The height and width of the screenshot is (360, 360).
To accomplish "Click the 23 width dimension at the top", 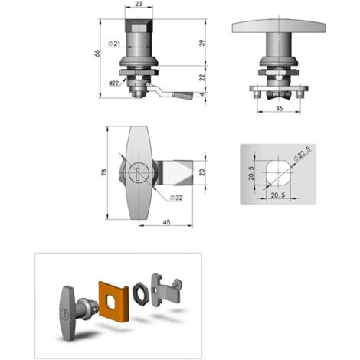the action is tap(138, 4).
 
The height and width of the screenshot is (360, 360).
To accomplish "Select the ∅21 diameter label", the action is tap(114, 44).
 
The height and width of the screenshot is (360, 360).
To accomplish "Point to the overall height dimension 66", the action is tap(97, 53).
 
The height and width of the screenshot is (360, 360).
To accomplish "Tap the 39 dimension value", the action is tap(202, 43).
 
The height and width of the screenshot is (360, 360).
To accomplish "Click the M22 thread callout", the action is tap(114, 83).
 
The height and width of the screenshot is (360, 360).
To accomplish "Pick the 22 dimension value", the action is tap(202, 77).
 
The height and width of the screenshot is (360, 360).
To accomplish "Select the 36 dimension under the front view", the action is tap(279, 108).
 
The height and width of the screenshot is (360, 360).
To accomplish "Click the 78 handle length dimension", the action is tap(104, 172).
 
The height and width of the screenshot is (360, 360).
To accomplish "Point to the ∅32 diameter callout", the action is tap(176, 198).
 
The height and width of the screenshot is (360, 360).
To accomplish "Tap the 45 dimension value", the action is tap(166, 222).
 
